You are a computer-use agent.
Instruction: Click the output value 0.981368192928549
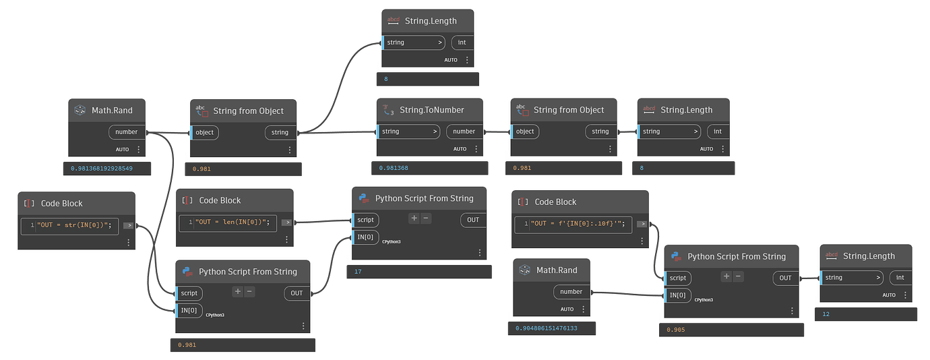point(102,168)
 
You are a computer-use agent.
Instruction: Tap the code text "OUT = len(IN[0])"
point(232,222)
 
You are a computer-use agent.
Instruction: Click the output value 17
point(358,272)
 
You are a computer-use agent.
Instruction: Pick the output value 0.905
point(676,330)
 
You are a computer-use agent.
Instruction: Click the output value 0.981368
point(394,168)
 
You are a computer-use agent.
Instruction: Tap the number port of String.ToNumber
point(464,131)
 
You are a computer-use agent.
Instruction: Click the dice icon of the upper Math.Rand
point(80,110)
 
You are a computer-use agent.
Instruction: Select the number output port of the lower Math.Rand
point(571,291)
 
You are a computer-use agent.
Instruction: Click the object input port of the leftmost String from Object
point(205,132)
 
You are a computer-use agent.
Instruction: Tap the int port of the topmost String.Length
point(462,42)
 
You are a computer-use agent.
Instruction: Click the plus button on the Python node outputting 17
point(414,218)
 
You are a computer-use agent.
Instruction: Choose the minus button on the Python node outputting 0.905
point(739,276)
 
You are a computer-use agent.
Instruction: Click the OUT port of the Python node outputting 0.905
point(785,278)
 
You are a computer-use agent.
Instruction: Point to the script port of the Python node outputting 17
point(365,220)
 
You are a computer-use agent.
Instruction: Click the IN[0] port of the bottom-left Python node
point(189,310)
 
